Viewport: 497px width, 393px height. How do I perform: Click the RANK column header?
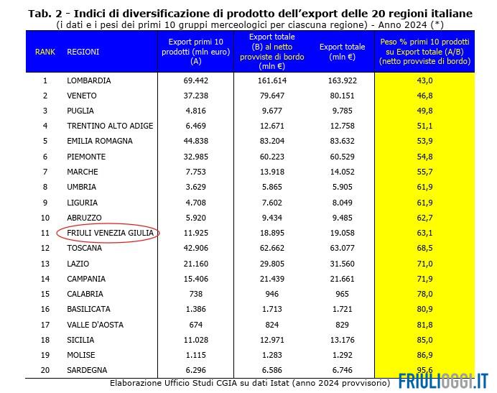tap(45, 52)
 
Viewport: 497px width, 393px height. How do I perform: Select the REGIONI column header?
tap(83, 52)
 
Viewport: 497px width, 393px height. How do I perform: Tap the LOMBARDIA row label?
tap(88, 80)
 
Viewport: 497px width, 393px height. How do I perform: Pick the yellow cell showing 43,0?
tap(424, 80)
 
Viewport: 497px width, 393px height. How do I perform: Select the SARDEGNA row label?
tap(86, 370)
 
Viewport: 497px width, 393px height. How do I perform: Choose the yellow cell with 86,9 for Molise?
tap(424, 355)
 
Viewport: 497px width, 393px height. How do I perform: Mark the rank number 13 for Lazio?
tap(45, 264)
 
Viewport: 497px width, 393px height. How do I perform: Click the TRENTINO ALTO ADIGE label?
tap(109, 126)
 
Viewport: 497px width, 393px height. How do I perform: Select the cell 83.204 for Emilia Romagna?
tap(271, 141)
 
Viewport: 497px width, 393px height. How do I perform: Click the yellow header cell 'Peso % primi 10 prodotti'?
tap(424, 52)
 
